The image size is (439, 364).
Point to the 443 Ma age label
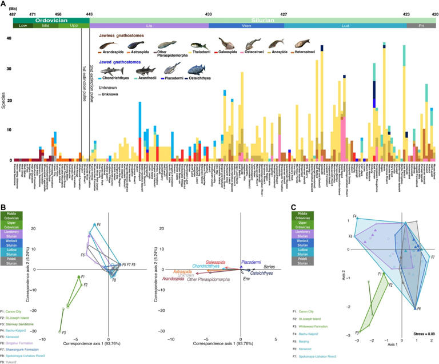pyautogui.click(x=89, y=13)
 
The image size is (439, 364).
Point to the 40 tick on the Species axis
pyautogui.click(x=9, y=38)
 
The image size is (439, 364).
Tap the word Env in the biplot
pyautogui.click(x=246, y=278)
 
